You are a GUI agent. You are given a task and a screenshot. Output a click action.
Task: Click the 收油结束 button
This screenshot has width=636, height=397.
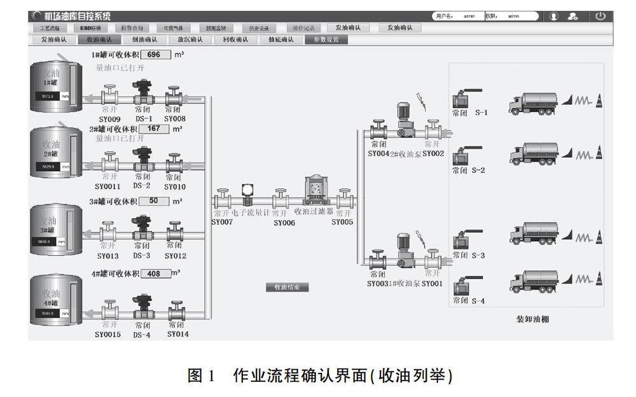pyautogui.click(x=287, y=287)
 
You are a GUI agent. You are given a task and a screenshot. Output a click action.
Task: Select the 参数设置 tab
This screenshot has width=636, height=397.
pyautogui.click(x=326, y=39)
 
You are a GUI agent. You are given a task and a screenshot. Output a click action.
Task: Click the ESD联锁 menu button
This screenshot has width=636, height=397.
pyautogui.click(x=90, y=28)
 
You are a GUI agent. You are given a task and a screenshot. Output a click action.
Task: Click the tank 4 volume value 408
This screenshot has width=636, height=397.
pyautogui.click(x=154, y=274)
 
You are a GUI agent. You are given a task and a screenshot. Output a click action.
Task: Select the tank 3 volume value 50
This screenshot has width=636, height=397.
pyautogui.click(x=154, y=201)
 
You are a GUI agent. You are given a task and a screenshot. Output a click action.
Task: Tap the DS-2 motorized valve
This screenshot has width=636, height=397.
pyautogui.click(x=143, y=162)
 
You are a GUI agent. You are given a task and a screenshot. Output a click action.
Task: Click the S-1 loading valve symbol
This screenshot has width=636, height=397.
pyautogui.click(x=461, y=98)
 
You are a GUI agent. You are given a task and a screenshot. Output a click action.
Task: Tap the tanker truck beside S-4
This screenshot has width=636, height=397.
pyautogui.click(x=534, y=281)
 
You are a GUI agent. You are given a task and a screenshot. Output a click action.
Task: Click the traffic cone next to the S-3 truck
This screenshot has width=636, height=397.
pyautogui.click(x=598, y=237)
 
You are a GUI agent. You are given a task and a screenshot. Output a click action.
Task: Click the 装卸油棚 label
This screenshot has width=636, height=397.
pyautogui.click(x=532, y=319)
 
